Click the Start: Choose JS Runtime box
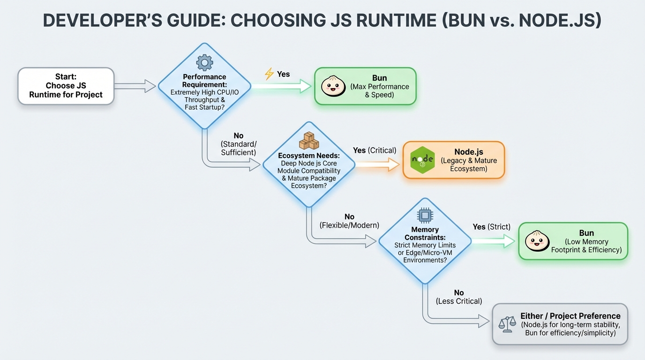point(66,86)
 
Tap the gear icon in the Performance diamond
point(204,62)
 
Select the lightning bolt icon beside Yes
point(269,74)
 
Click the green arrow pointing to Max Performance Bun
point(282,86)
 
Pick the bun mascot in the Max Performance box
point(333,86)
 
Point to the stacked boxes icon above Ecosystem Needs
point(309,141)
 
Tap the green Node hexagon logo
point(422,160)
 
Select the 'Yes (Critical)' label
point(375,150)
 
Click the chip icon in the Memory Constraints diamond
point(425,215)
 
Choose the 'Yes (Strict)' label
point(491,227)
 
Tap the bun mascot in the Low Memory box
point(537,241)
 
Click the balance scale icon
point(507,324)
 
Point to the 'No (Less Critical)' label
point(459,297)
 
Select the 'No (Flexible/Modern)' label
point(349,221)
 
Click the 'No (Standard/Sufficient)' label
point(239,144)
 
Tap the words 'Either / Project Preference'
point(570,316)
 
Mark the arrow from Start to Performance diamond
point(135,86)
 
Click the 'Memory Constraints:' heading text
point(425,233)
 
